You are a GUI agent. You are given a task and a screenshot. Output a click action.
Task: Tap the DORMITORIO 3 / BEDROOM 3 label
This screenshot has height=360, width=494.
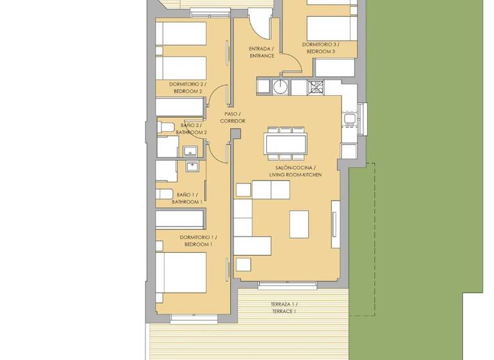pyautogui.click(x=320, y=48)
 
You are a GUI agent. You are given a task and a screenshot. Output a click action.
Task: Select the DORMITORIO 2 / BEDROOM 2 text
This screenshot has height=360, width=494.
pyautogui.click(x=186, y=87)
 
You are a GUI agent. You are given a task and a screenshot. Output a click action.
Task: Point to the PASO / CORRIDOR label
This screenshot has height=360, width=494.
pyautogui.click(x=232, y=118)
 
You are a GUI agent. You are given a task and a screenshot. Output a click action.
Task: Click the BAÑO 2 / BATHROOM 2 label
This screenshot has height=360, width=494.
pyautogui.click(x=190, y=129)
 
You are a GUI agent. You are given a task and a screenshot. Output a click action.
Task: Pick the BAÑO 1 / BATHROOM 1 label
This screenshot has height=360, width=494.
pyautogui.click(x=187, y=198)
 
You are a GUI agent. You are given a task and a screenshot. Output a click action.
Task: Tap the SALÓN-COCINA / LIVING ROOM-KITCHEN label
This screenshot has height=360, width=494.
pyautogui.click(x=295, y=171)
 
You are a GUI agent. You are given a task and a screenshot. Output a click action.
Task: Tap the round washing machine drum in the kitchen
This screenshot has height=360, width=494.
pyautogui.click(x=281, y=87)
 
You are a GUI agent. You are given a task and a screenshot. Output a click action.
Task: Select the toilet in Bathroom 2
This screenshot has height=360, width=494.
pyautogui.click(x=165, y=127)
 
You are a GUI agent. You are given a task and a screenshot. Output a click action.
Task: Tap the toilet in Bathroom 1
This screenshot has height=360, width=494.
pyautogui.click(x=165, y=194)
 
